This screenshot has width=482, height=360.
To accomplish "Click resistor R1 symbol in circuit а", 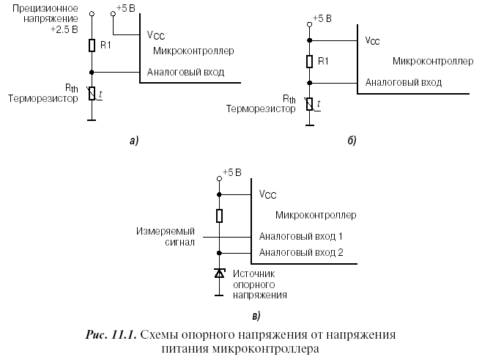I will tap(91, 46).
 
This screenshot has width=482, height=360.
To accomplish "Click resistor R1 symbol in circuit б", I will tap(310, 62).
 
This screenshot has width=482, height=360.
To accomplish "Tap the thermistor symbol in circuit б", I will tap(310, 104).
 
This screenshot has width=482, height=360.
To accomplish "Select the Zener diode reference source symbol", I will tap(218, 273).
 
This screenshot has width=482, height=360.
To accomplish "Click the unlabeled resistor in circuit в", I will tap(218, 216).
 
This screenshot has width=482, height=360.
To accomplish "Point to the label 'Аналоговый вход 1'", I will tap(300, 238).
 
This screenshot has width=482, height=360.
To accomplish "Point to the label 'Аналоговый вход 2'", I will tap(300, 253).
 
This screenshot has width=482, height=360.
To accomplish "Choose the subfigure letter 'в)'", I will tap(256, 315).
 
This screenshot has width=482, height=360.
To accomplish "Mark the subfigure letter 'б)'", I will tap(351, 140).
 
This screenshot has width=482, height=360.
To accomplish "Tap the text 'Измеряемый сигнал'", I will tap(166, 236).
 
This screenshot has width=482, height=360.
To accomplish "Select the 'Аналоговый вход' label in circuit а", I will tap(185, 72).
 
